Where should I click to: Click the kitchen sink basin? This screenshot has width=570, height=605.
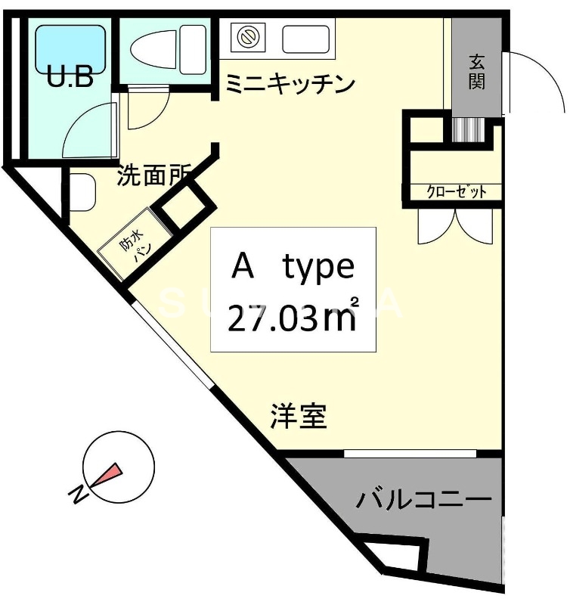coord(305,38)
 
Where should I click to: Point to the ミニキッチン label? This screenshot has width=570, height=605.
coord(290,84)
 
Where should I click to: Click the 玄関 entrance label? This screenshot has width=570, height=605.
coord(476,71)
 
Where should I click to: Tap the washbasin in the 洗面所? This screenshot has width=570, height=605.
coord(82,192)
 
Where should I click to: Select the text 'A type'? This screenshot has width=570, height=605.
coord(293,266)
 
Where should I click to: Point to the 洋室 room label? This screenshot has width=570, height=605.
coord(299,416)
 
